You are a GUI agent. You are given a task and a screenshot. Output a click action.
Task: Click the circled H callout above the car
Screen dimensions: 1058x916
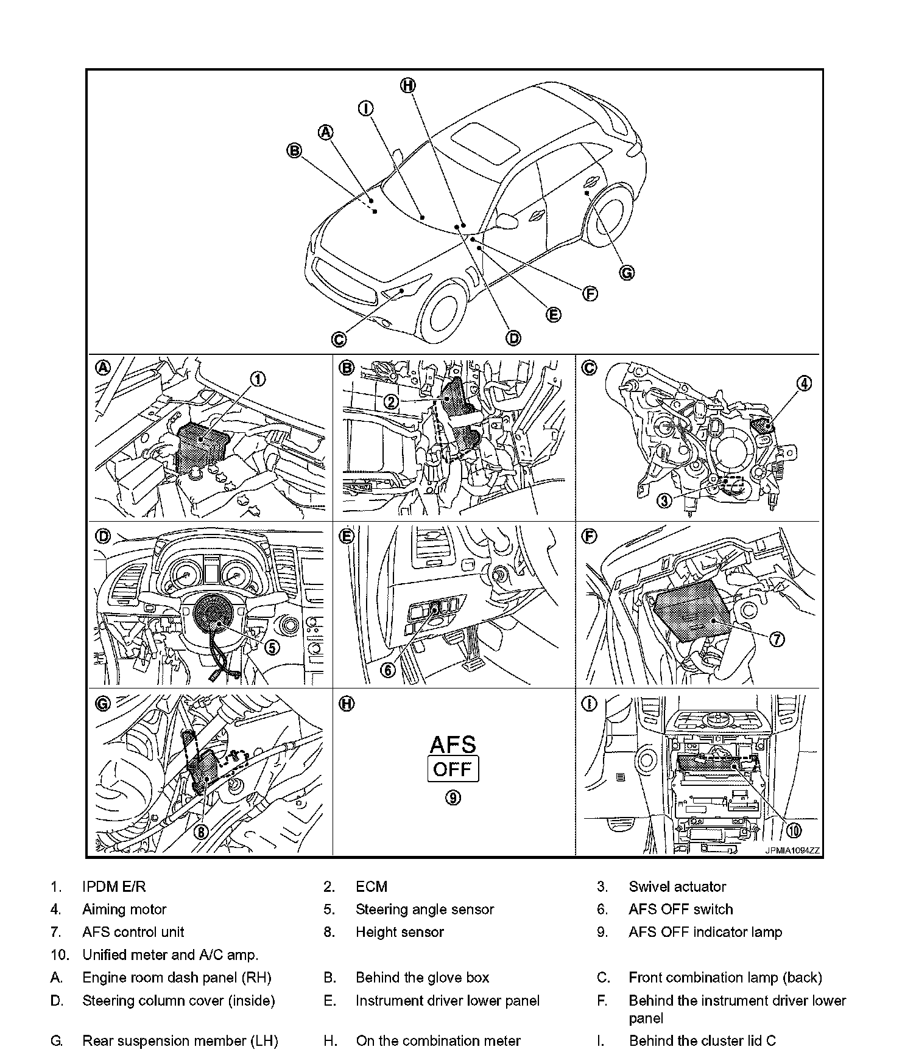click(407, 86)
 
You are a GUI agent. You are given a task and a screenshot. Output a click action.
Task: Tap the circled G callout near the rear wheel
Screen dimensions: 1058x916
click(626, 273)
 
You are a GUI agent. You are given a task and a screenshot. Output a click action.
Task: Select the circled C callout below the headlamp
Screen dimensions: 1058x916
click(339, 339)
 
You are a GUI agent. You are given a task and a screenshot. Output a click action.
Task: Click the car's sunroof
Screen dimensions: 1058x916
click(485, 142)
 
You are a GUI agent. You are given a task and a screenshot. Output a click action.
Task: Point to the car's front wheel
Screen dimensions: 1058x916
click(449, 314)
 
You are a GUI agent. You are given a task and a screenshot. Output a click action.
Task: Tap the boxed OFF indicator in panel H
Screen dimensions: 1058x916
click(453, 769)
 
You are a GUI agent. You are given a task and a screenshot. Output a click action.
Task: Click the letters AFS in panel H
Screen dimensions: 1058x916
click(453, 744)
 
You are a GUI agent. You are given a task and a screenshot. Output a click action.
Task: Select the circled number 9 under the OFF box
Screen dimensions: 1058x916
click(453, 797)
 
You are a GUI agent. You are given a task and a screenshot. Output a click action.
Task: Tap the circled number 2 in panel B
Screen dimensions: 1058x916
click(392, 401)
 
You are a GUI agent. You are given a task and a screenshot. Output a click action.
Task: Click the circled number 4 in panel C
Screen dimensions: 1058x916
click(805, 384)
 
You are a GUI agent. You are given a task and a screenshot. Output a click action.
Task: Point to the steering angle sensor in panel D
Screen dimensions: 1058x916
click(213, 614)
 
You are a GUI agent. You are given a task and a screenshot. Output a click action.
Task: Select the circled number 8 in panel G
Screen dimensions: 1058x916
click(201, 832)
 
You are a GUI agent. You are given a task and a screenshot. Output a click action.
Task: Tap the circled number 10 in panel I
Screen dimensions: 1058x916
click(794, 830)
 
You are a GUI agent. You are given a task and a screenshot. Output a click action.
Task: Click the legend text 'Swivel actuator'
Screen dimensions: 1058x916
click(677, 886)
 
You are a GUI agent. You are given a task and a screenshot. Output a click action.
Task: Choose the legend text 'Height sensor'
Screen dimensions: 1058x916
click(400, 932)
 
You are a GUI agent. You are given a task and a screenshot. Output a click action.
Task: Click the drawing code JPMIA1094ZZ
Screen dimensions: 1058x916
click(792, 850)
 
